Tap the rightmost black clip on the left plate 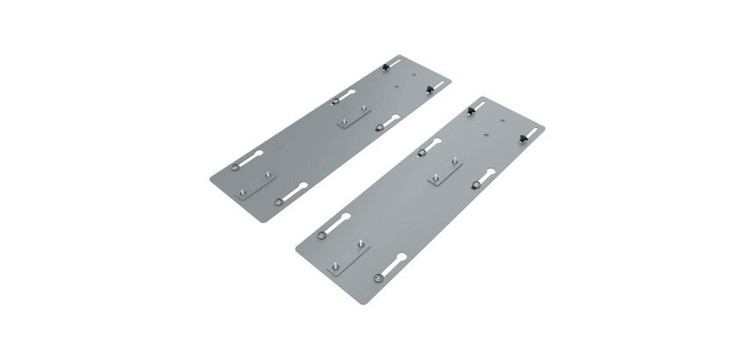(x=428, y=89)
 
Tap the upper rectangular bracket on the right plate (x=445, y=174)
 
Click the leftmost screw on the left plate (x=234, y=166)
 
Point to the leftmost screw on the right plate (x=324, y=235)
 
